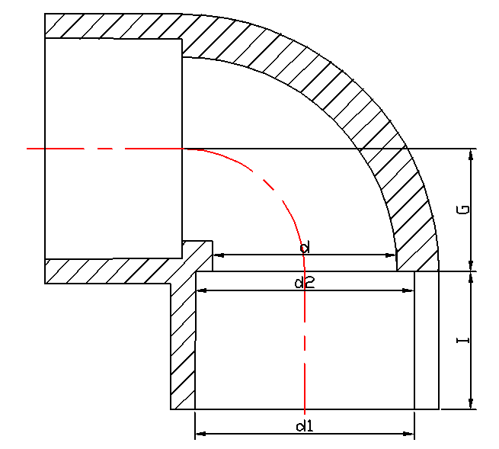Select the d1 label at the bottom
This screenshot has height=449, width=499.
pos(305,425)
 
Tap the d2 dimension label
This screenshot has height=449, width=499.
pos(305,283)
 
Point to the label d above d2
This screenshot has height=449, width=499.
pos(304,248)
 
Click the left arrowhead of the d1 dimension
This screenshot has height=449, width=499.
pos(200,435)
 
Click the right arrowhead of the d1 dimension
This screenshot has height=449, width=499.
pos(409,435)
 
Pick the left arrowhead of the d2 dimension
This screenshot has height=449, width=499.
pos(202,290)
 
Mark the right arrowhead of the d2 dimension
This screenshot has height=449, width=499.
pos(410,290)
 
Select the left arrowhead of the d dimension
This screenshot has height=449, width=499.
pos(218,255)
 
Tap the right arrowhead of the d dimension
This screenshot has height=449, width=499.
pos(392,255)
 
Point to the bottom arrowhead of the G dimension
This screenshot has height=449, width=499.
pos(472,265)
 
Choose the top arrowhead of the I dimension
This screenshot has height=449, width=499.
pos(472,277)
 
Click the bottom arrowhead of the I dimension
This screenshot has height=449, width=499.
pos(472,404)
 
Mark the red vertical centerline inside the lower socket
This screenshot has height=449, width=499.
pos(305,343)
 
